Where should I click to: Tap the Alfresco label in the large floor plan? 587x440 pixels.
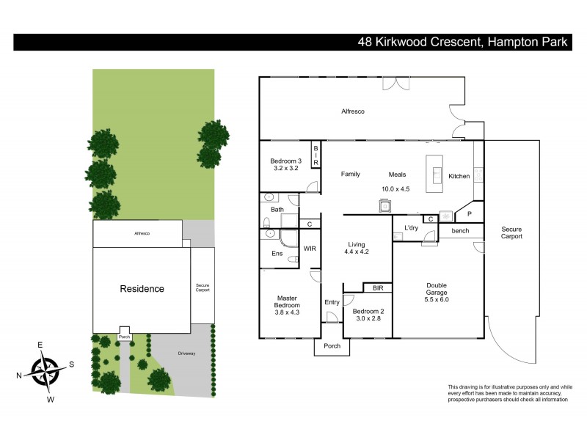pyautogui.click(x=353, y=111)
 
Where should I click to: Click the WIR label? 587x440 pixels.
pyautogui.click(x=310, y=249)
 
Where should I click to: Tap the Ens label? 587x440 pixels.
pyautogui.click(x=276, y=254)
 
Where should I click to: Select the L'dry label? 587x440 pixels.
pyautogui.click(x=411, y=228)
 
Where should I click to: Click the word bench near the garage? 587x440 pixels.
pyautogui.click(x=460, y=232)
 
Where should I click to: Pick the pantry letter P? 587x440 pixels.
pyautogui.click(x=469, y=214)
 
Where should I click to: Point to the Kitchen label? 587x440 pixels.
pyautogui.click(x=459, y=176)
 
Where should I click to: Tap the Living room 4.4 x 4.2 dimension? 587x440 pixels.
pyautogui.click(x=356, y=252)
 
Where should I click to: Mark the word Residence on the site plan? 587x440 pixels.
pyautogui.click(x=142, y=289)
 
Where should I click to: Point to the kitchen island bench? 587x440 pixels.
pyautogui.click(x=437, y=174)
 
